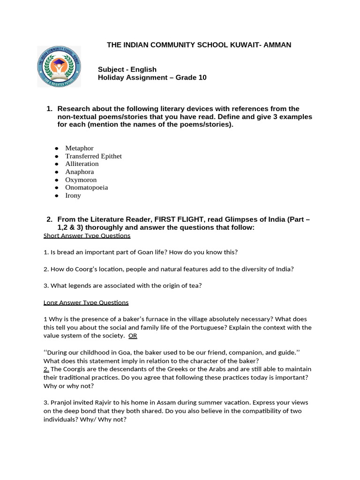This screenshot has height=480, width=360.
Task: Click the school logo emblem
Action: pos(59,66)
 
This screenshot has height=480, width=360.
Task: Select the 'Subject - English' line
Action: pos(127,69)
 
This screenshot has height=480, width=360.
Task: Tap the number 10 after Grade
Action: pos(202,77)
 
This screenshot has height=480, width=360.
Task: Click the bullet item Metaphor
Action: pos(79,148)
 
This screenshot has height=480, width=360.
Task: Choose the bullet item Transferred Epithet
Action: pos(93,156)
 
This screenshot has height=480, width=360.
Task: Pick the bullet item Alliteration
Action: pos(82,164)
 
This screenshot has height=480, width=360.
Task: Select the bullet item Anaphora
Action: pos(79,172)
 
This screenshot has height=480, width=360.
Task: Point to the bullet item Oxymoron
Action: pos(81,180)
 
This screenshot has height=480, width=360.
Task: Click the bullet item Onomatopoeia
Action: pos(86,187)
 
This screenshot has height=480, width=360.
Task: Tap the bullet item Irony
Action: pos(73,195)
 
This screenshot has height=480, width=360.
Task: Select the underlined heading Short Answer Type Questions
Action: pos(87,235)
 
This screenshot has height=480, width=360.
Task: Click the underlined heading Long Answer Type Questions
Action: pos(86,303)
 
